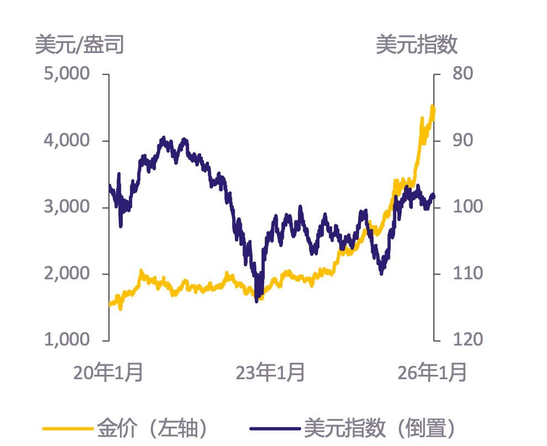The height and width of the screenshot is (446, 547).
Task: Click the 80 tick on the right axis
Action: pos(461,74)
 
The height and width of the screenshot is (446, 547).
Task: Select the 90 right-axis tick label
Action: pos(461,141)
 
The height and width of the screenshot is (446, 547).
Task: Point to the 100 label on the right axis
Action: pos(465,207)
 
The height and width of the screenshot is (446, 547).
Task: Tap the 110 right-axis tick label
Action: pos(465,273)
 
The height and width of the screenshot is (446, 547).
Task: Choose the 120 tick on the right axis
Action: pos(465,339)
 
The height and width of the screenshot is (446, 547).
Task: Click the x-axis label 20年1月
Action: pos(108,373)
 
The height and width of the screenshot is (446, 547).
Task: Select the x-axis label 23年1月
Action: pos(270,373)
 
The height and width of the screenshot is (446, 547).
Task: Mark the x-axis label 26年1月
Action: pos(432,373)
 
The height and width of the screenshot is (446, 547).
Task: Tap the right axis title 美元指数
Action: pos(417,45)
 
